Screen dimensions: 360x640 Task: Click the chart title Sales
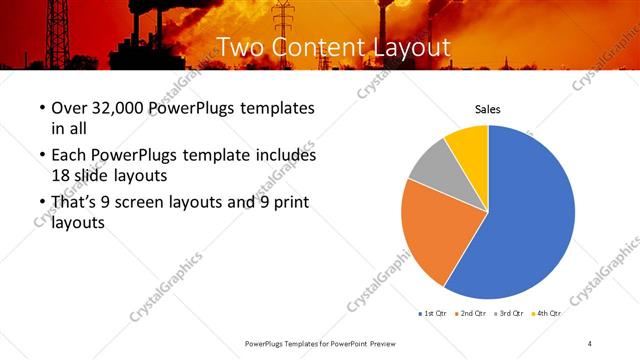[487, 109]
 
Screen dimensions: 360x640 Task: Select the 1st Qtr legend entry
[433, 313]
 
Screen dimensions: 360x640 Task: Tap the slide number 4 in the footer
[590, 343]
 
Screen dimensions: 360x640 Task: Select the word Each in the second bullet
[67, 156]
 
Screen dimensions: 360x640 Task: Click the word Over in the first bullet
[68, 108]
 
